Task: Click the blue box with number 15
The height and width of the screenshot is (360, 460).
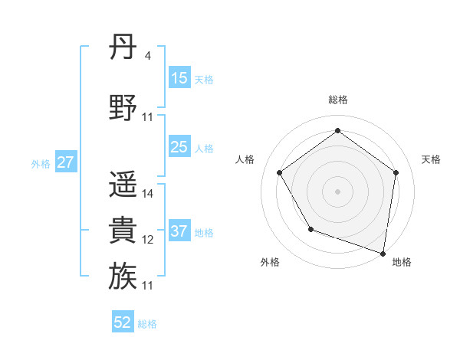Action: click(x=179, y=78)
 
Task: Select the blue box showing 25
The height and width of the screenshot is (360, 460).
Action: click(x=179, y=147)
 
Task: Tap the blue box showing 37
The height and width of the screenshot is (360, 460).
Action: click(x=179, y=231)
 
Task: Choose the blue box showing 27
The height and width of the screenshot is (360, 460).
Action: click(x=66, y=162)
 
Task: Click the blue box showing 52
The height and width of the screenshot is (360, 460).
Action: click(x=123, y=322)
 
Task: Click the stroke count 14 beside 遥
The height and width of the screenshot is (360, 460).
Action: click(x=148, y=194)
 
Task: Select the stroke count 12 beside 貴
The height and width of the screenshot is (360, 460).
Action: click(x=148, y=240)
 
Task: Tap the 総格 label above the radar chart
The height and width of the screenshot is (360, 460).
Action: click(x=337, y=100)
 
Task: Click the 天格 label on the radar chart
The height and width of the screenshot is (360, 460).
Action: click(x=431, y=159)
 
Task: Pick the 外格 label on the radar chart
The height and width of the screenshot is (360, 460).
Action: click(x=270, y=262)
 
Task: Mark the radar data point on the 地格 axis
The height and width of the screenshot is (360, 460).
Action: click(x=383, y=253)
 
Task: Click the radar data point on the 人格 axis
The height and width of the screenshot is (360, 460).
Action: click(x=279, y=173)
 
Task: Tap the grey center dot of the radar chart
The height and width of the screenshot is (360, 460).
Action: click(x=337, y=191)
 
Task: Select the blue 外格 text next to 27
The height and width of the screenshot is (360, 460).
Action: click(x=40, y=163)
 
